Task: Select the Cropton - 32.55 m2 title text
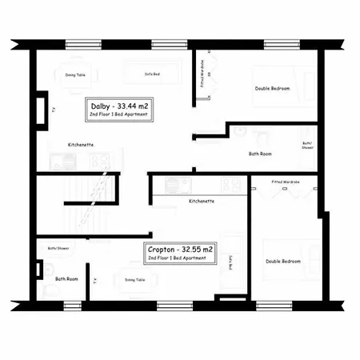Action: pos(180,250)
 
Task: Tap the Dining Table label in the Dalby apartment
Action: pos(76,75)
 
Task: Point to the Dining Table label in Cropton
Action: pos(135,280)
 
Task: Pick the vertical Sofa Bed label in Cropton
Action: pos(230,263)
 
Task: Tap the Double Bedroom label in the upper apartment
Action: pos(272,88)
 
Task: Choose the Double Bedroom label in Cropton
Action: pos(283,262)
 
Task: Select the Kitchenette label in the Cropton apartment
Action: pos(202,202)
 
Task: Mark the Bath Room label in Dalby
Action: pos(261,153)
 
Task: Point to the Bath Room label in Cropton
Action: pos(66,278)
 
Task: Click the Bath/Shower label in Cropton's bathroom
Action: pos(58,248)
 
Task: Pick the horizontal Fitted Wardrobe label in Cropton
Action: pos(286,182)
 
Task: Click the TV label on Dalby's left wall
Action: pos(53,111)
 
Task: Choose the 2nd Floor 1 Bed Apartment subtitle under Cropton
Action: pos(180,260)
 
